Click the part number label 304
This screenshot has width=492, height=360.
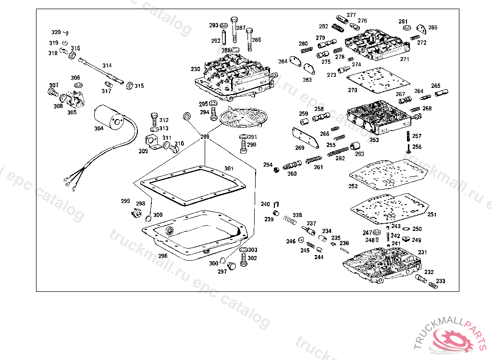point(98,129)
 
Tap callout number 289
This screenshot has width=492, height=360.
point(205,137)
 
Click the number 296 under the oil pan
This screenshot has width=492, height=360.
point(163,256)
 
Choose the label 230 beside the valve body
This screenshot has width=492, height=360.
point(196,69)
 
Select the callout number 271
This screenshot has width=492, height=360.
point(405,60)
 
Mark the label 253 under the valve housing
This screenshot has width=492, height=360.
point(374,140)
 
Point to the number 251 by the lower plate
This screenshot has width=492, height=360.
point(432,215)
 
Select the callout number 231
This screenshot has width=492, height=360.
point(422,252)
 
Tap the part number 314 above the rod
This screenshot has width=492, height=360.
point(107,65)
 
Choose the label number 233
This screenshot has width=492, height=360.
point(440,281)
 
